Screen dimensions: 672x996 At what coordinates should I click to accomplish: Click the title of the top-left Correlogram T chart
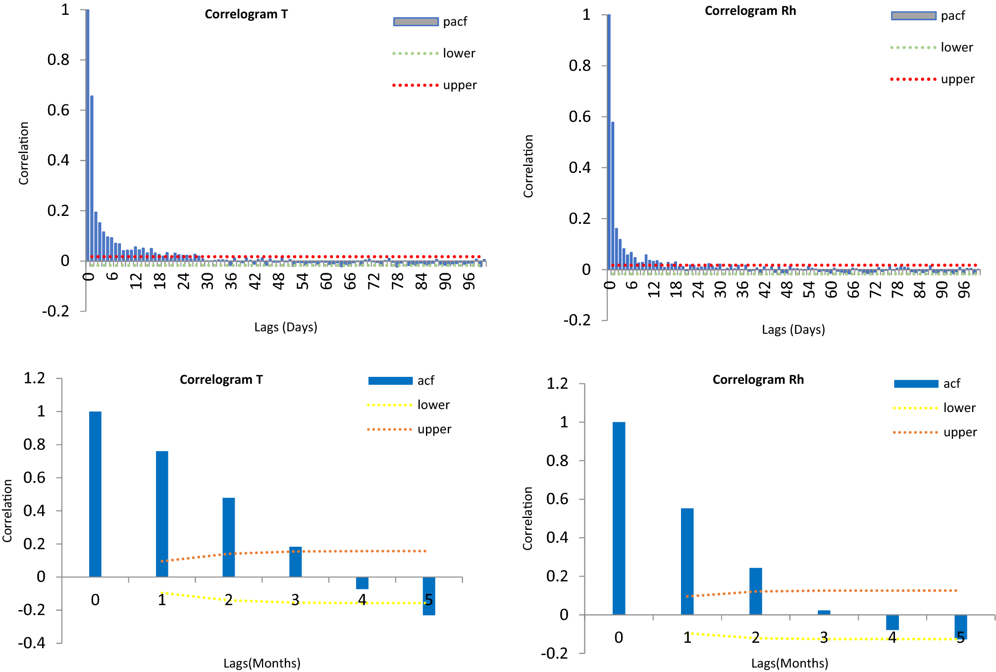click(x=246, y=14)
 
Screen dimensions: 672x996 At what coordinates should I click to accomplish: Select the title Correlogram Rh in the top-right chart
click(x=750, y=11)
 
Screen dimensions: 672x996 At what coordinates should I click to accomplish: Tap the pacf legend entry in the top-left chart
click(x=430, y=22)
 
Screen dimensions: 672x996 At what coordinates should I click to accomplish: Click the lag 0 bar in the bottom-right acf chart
click(x=619, y=518)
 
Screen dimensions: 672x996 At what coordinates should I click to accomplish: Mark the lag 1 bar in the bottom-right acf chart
click(x=687, y=561)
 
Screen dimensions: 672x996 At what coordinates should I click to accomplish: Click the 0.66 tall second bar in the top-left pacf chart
click(x=92, y=178)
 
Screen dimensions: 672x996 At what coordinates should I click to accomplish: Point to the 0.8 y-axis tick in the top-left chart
click(x=58, y=60)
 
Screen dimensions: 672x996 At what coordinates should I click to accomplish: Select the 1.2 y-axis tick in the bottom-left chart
click(x=35, y=378)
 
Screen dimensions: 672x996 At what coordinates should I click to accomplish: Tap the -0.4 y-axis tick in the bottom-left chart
click(x=32, y=643)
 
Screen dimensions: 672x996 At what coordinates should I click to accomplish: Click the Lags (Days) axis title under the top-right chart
click(x=793, y=330)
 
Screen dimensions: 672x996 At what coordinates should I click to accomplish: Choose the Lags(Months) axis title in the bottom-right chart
click(x=789, y=664)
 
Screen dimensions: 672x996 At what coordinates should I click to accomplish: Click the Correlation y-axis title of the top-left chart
click(x=24, y=154)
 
